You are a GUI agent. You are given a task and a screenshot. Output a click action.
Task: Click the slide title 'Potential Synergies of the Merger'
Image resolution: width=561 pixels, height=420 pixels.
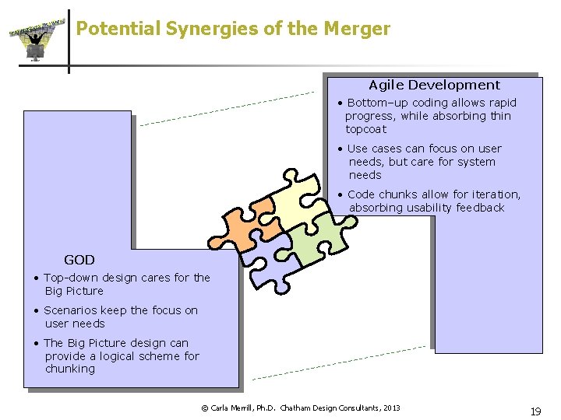click(233, 29)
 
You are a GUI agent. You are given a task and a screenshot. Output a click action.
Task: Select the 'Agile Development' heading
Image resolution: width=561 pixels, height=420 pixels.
click(434, 85)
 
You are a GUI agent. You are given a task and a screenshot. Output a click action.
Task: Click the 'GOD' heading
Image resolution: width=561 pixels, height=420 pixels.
click(79, 260)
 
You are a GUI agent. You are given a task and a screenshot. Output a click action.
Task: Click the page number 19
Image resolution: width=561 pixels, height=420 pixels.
click(535, 412)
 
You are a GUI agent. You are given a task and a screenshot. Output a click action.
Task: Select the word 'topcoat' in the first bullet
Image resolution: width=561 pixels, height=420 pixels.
click(365, 129)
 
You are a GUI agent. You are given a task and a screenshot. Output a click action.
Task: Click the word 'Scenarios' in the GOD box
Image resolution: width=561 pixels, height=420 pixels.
click(72, 310)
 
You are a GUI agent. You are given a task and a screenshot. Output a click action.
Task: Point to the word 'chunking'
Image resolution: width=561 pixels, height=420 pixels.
click(69, 369)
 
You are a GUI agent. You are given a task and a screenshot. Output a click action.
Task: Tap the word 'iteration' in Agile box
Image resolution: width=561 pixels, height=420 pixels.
click(492, 194)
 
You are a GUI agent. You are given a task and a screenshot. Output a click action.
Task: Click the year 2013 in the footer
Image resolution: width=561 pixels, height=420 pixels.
click(391, 408)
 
